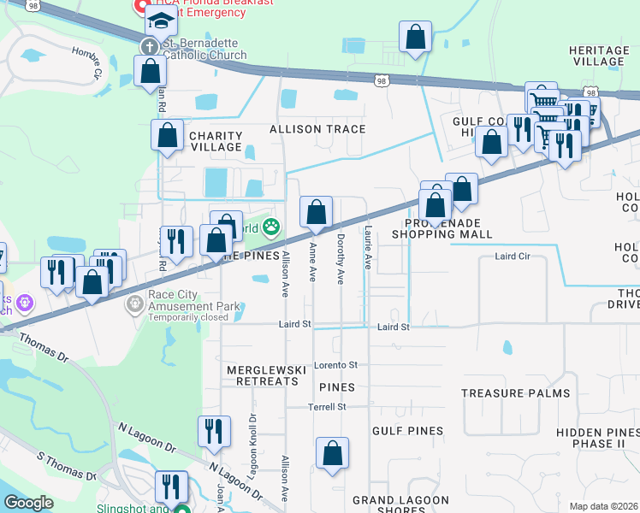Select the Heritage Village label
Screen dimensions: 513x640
(x=598, y=56)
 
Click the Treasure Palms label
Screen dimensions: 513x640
(x=515, y=393)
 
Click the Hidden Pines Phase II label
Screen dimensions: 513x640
(x=597, y=438)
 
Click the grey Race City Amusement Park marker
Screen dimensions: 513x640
(x=134, y=304)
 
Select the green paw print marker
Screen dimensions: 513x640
(x=271, y=227)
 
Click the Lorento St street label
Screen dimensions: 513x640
(x=335, y=365)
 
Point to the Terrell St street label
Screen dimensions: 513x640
(x=327, y=407)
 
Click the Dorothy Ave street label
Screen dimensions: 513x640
(x=341, y=259)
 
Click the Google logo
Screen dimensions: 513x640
(x=28, y=503)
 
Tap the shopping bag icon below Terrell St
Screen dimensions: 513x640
(x=332, y=453)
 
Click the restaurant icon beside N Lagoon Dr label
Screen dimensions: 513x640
(x=213, y=431)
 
